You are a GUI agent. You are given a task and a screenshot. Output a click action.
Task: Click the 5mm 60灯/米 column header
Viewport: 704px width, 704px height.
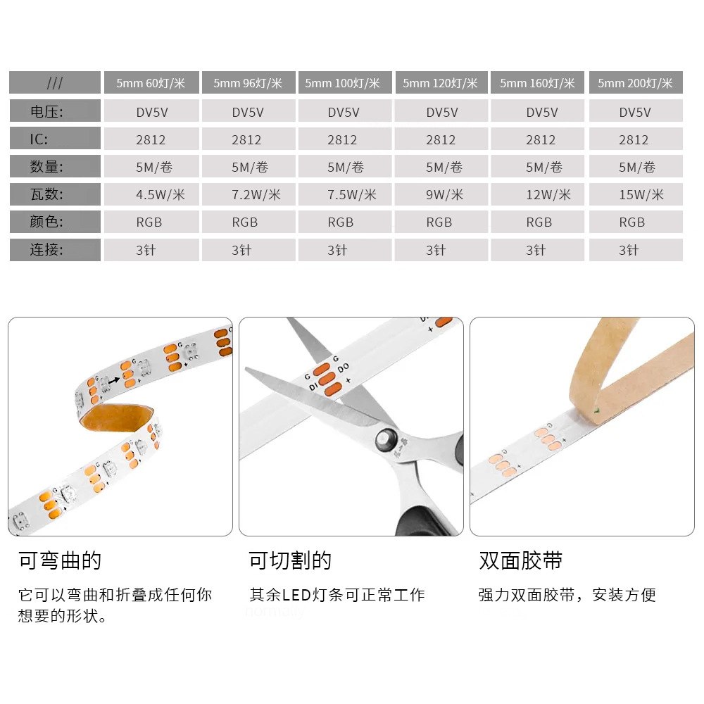click(151, 82)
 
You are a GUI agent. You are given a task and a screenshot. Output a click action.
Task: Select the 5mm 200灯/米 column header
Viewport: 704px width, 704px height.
click(636, 82)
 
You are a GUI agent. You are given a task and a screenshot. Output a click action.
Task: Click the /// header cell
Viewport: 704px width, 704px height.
click(55, 82)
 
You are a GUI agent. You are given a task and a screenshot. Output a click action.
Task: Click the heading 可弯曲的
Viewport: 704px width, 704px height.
click(60, 560)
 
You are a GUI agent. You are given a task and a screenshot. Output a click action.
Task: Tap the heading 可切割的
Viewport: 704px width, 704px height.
click(291, 560)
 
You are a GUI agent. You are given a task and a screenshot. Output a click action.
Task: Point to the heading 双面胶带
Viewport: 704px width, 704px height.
click(521, 560)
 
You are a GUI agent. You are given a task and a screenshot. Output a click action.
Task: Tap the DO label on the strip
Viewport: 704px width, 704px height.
click(343, 368)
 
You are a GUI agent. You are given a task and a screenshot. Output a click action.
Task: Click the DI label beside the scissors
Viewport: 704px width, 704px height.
click(313, 386)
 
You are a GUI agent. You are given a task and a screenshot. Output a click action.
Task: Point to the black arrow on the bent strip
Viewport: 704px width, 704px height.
click(114, 380)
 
